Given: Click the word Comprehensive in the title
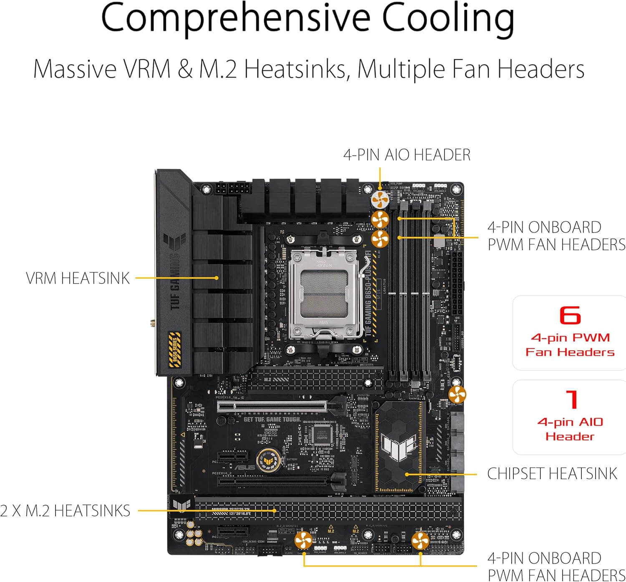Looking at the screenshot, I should (x=235, y=18).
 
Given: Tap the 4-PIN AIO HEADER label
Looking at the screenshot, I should (x=407, y=155).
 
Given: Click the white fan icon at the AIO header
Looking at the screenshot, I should (x=380, y=200).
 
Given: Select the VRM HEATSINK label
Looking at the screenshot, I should (x=78, y=278).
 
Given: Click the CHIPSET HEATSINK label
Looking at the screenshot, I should (x=552, y=473).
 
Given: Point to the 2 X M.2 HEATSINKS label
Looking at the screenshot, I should (x=65, y=511).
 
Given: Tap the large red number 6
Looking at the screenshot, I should (x=570, y=316).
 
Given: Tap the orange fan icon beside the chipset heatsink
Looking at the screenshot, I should (x=457, y=394).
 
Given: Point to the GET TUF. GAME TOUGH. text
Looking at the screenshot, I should (x=272, y=419).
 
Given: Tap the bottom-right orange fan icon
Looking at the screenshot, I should (x=420, y=541).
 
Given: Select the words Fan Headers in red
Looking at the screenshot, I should (x=570, y=352).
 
